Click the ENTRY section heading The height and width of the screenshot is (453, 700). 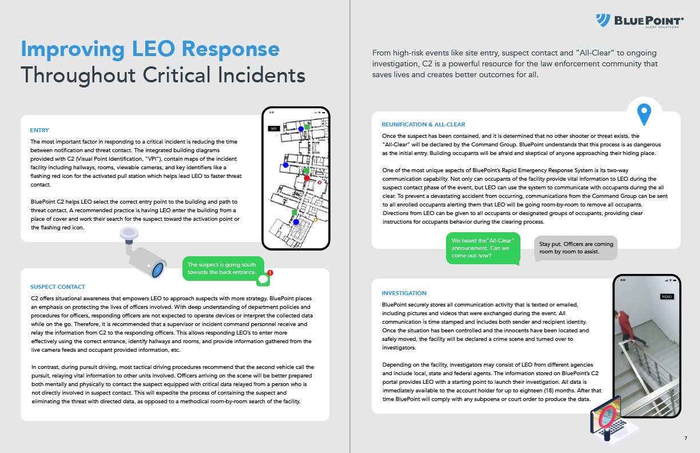tap(39, 130)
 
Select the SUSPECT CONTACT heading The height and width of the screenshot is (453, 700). tap(57, 287)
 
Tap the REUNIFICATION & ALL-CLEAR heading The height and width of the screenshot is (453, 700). tap(423, 125)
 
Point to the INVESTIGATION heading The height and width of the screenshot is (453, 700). tap(404, 293)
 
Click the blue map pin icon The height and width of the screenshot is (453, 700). tap(645, 114)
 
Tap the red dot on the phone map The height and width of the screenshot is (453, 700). tap(307, 178)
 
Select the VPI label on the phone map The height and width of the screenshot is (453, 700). tap(274, 129)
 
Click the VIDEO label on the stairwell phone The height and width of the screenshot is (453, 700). tap(667, 297)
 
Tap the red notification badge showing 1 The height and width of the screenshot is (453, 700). tap(270, 273)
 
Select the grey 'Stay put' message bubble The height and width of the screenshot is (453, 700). tap(576, 248)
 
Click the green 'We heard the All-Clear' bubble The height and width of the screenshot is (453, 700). tap(483, 248)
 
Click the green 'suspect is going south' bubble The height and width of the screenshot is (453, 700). tap(223, 268)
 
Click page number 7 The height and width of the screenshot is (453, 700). tap(686, 438)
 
